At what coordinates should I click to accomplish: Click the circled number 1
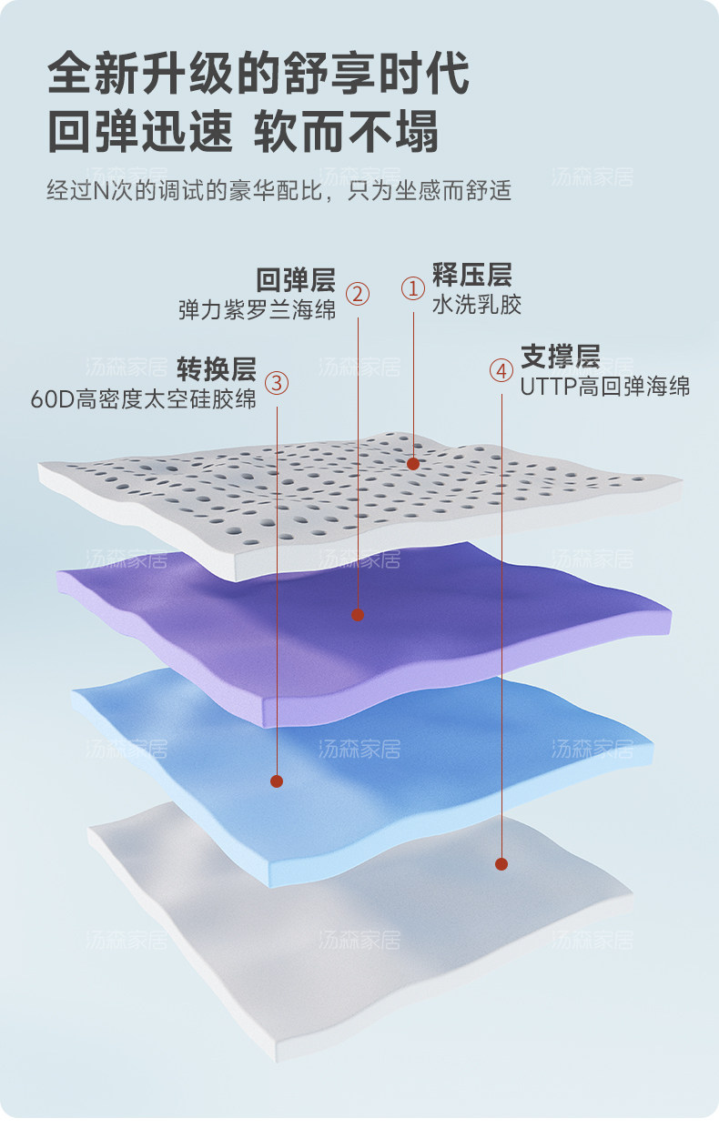pyautogui.click(x=413, y=288)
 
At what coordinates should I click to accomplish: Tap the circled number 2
pyautogui.click(x=358, y=293)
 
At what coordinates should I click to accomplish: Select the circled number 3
pyautogui.click(x=277, y=382)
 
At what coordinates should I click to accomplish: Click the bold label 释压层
pyautogui.click(x=471, y=274)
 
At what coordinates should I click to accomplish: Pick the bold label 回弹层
pyautogui.click(x=295, y=279)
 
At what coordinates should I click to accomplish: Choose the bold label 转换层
pyautogui.click(x=216, y=368)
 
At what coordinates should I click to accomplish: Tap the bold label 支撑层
pyautogui.click(x=560, y=355)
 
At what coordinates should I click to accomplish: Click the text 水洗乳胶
pyautogui.click(x=477, y=305)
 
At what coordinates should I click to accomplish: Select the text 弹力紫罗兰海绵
pyautogui.click(x=257, y=309)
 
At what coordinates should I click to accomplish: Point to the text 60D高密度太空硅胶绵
pyautogui.click(x=144, y=398)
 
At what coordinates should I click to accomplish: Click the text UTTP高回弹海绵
pyautogui.click(x=605, y=386)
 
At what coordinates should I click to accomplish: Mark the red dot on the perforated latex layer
pyautogui.click(x=413, y=464)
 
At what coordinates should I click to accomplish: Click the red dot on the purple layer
pyautogui.click(x=358, y=615)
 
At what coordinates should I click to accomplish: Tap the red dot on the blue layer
pyautogui.click(x=277, y=781)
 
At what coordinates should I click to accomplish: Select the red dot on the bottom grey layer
pyautogui.click(x=501, y=863)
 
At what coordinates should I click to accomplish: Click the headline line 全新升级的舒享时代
pyautogui.click(x=258, y=73)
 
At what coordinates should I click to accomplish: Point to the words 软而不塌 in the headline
pyautogui.click(x=346, y=131)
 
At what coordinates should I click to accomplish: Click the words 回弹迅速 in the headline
pyautogui.click(x=139, y=131)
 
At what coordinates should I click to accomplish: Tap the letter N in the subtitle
pyautogui.click(x=101, y=192)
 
